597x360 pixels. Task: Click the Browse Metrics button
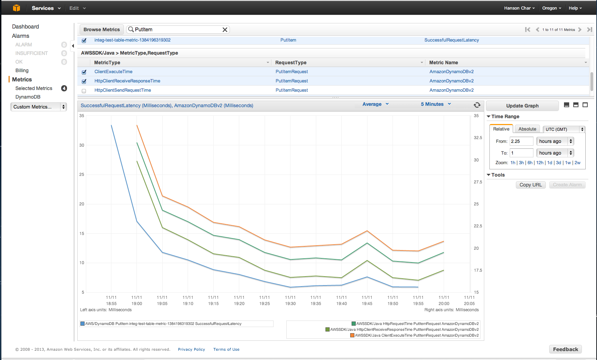101,30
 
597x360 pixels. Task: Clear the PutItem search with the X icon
225,30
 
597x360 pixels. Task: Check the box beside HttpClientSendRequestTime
84,91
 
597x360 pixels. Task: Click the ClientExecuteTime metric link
113,72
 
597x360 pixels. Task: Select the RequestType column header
291,63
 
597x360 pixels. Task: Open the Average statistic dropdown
375,104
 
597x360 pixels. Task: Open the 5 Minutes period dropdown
435,104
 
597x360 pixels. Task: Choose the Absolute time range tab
527,129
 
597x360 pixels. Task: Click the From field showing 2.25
521,141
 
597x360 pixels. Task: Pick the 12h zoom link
540,163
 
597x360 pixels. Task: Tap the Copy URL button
530,185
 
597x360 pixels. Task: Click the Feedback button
565,349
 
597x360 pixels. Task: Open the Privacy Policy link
191,349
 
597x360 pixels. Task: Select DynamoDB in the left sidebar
28,97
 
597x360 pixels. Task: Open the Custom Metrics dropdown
38,107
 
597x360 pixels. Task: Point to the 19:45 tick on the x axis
367,301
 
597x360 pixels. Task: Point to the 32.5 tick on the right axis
478,138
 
